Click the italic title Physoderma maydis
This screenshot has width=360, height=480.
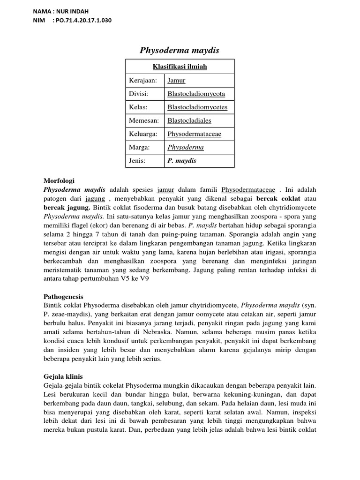pos(180,50)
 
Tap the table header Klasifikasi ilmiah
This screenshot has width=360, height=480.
pos(180,67)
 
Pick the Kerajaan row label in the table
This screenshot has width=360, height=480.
pos(143,81)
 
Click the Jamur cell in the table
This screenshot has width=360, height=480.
pos(176,81)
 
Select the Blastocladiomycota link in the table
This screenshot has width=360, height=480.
pos(196,94)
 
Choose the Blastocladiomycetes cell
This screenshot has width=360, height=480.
pos(197,107)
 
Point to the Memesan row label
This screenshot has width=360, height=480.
pos(143,120)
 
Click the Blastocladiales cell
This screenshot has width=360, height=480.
pos(189,120)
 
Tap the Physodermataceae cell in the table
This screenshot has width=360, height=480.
pos(195,134)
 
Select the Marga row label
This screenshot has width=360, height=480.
pos(139,147)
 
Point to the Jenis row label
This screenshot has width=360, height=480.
pos(138,161)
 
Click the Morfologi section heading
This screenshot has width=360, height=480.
pos(59,180)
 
